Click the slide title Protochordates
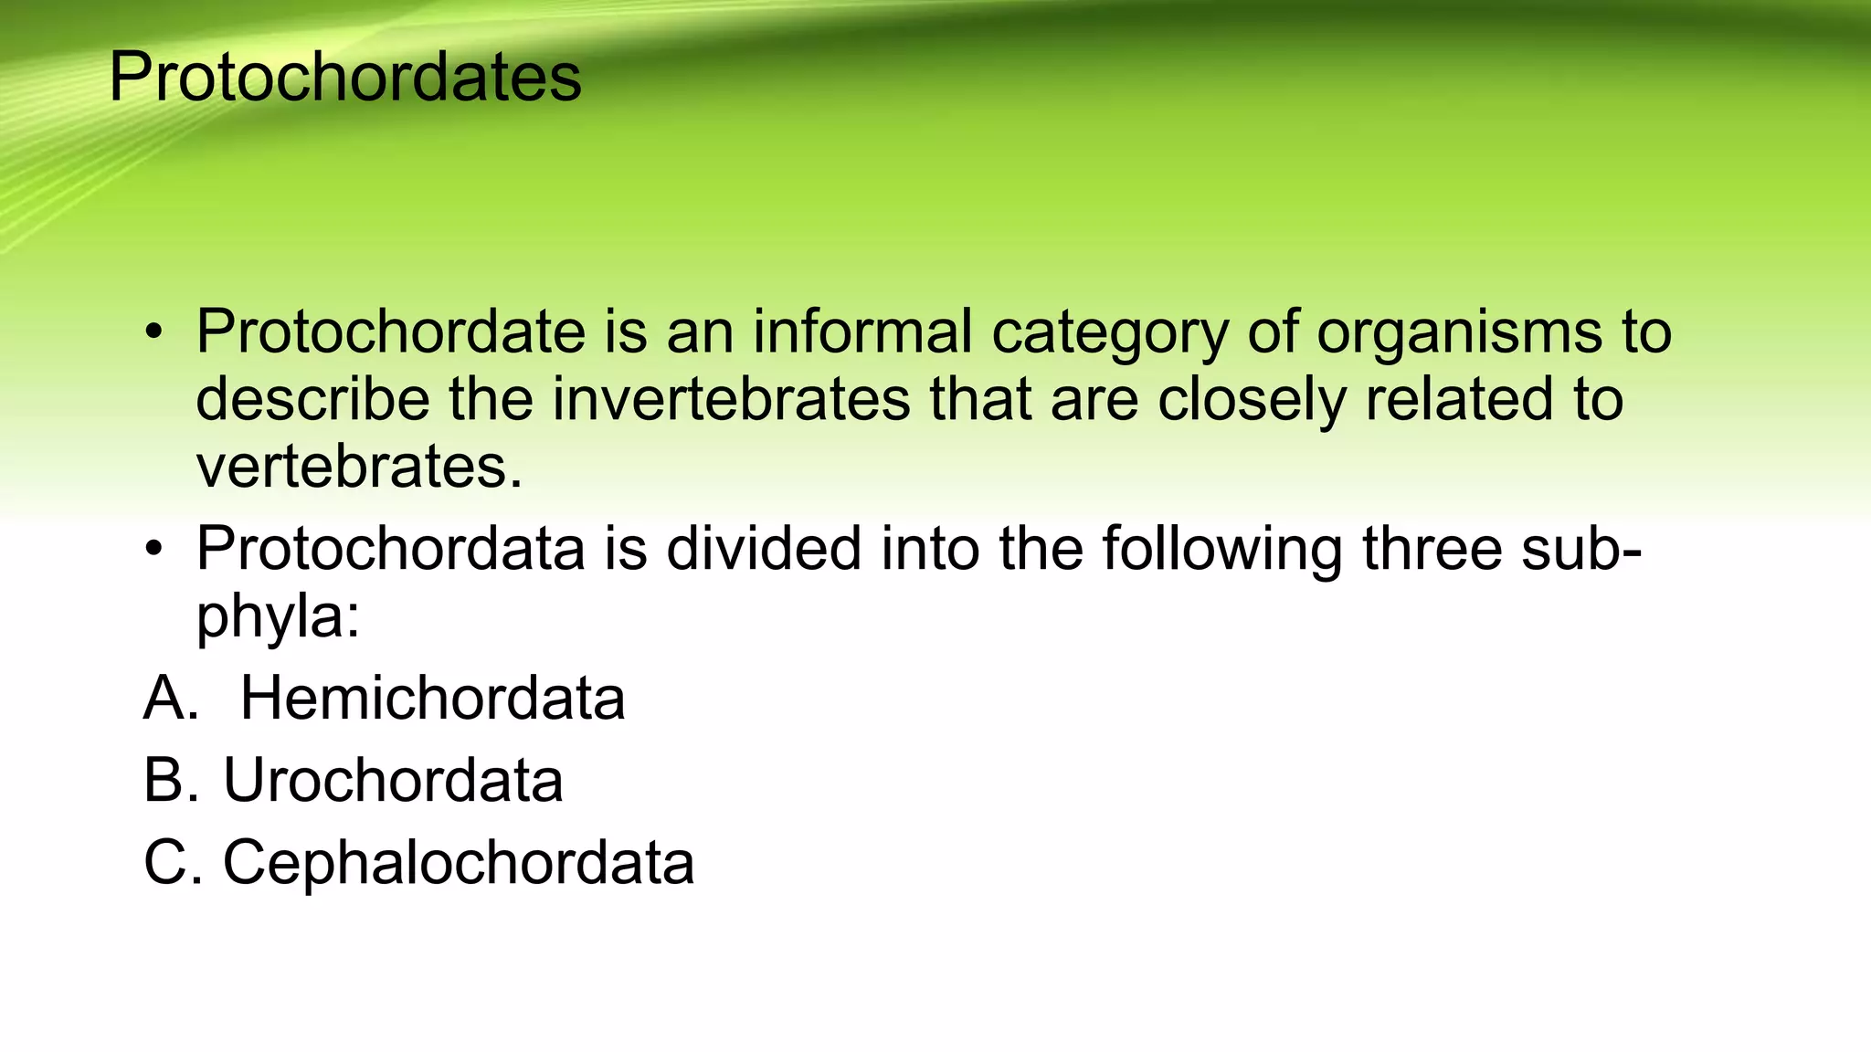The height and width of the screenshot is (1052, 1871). click(x=344, y=77)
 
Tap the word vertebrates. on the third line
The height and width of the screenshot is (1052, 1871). click(x=359, y=467)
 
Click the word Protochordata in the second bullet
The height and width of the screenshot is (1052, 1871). click(x=390, y=549)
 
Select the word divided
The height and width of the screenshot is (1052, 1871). click(x=764, y=549)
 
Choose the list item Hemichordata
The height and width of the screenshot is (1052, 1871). click(x=432, y=699)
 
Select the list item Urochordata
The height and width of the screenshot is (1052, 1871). click(x=393, y=781)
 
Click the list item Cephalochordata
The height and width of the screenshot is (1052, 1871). click(x=459, y=863)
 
